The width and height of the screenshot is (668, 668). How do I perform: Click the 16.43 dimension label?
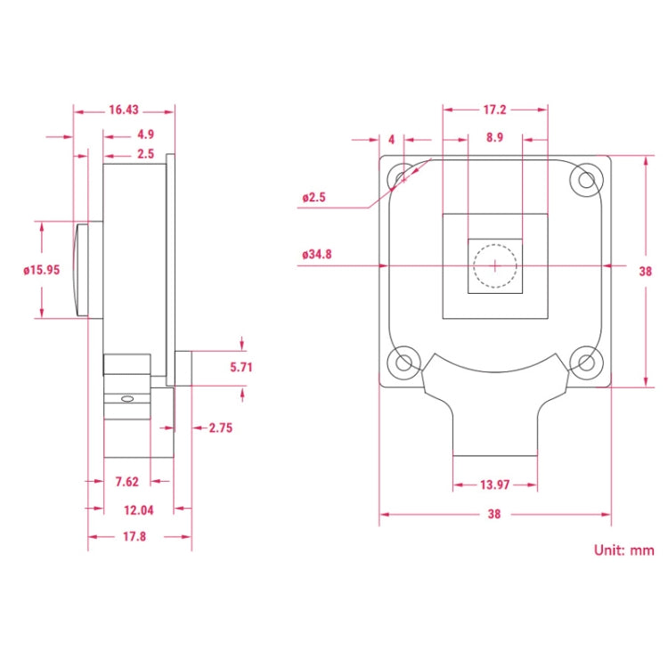125,110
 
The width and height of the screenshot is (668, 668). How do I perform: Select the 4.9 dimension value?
146,134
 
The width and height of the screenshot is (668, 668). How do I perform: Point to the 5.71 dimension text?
242,366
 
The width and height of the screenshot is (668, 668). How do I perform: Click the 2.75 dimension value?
220,428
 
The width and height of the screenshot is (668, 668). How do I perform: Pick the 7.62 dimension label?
127,482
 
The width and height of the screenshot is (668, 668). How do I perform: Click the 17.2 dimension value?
494,110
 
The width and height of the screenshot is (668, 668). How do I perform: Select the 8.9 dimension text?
494,138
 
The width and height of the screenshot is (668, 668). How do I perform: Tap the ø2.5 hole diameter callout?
314,197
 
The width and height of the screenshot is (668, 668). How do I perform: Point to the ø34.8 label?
317,255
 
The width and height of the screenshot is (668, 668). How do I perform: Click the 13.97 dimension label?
495,485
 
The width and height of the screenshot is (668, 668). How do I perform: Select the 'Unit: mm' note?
623,550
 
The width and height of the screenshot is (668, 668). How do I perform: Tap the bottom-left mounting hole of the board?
405,362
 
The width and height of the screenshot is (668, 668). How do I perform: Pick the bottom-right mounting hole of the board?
585,362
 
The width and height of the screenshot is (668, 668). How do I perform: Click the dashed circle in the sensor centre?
494,265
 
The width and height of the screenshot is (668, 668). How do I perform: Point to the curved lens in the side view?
81,270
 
